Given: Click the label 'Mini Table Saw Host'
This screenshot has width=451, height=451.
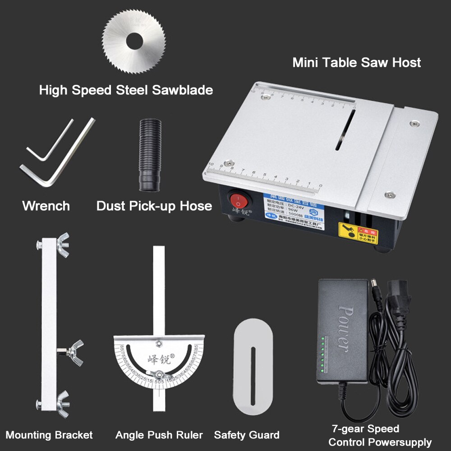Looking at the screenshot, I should (x=356, y=62).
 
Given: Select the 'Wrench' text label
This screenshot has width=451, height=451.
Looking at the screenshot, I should (x=46, y=206).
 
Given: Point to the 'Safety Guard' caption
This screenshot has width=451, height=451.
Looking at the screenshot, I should (x=247, y=435).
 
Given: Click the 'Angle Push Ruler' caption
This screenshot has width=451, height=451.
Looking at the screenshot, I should (x=159, y=435).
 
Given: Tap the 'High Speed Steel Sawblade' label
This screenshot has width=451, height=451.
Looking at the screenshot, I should (x=126, y=90).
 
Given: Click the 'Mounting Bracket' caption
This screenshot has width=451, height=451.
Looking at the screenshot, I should (x=49, y=435).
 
